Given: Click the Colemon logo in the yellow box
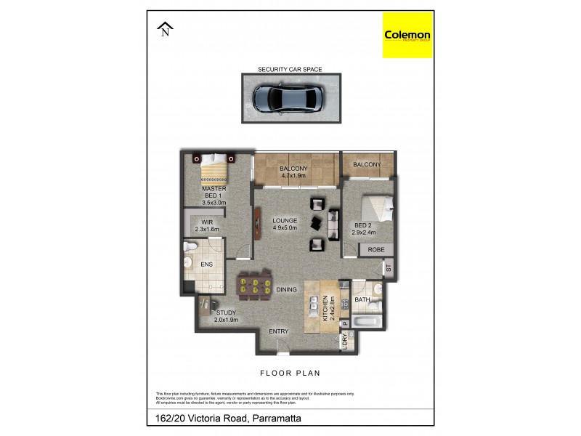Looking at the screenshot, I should [407, 36].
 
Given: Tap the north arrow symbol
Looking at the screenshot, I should [166, 29].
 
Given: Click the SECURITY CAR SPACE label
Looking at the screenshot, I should [290, 70].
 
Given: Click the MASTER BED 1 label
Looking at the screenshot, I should [214, 195].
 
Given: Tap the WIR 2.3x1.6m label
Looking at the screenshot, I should [206, 226].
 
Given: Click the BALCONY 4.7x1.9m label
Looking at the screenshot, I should [294, 172].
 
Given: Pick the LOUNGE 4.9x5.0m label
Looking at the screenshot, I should [285, 225].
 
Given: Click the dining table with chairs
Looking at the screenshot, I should [256, 283].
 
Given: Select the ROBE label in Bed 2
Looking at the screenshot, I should [376, 249].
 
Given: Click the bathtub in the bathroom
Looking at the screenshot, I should [367, 321].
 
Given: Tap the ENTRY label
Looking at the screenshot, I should [278, 331].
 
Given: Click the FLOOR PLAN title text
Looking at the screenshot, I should [290, 373].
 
